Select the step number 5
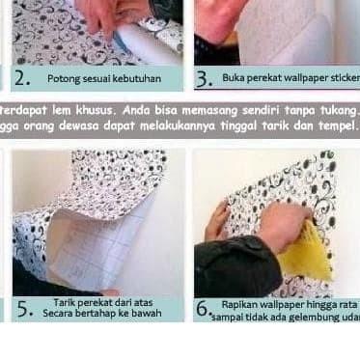(x=23, y=310)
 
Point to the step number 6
(x=203, y=310)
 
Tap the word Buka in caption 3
(x=234, y=76)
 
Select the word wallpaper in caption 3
(x=300, y=76)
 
